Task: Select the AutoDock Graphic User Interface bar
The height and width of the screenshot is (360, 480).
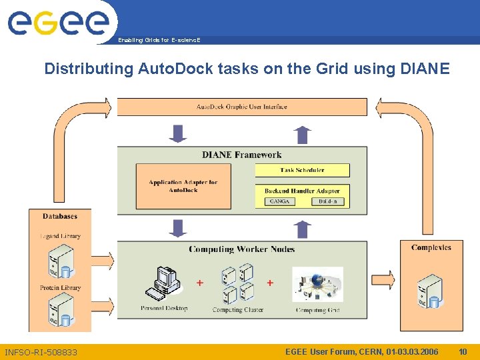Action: tap(242, 107)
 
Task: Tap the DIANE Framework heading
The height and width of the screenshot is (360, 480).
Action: tap(242, 155)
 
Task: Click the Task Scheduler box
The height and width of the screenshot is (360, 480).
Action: tap(302, 170)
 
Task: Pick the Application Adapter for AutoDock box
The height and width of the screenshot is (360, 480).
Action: tap(183, 186)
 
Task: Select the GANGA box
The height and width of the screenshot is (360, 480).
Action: tap(280, 201)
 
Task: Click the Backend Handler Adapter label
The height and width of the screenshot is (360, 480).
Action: tap(302, 191)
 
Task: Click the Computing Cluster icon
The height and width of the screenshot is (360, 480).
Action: tap(237, 283)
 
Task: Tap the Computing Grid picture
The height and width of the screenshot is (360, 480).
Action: tap(317, 285)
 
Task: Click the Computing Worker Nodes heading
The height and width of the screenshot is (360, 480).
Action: tap(241, 249)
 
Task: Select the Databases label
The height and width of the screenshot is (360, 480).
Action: tap(60, 216)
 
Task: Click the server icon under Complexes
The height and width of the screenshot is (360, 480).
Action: tap(430, 291)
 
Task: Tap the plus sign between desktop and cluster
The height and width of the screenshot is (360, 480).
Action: tap(199, 283)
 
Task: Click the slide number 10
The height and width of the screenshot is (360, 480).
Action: tap(463, 351)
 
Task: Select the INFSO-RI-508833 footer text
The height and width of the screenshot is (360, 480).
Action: tap(41, 352)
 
